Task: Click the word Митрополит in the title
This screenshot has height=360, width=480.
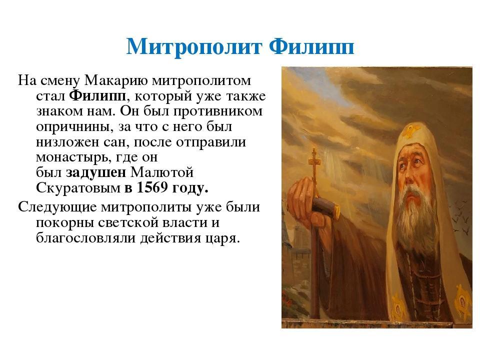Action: pos(194,47)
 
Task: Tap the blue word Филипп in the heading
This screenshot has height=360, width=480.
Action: pos(311,46)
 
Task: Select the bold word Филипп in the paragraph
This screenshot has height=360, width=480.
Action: pos(97,96)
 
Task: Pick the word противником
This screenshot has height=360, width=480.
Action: pos(218,111)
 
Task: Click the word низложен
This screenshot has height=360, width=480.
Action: pos(67,141)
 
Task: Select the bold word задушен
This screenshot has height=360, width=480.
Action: pos(96,172)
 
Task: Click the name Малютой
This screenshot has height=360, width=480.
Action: pos(162,172)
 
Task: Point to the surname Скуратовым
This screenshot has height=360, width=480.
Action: pos(78,188)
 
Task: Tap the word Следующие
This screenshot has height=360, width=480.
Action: pos(57,207)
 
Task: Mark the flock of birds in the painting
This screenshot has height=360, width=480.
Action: pos(460,218)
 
